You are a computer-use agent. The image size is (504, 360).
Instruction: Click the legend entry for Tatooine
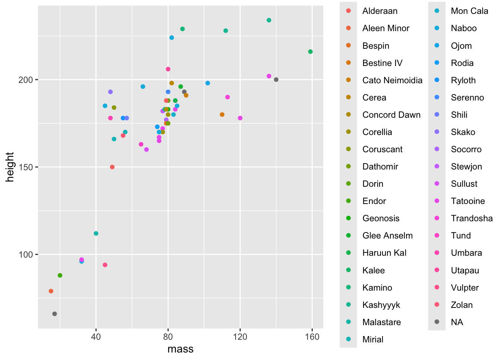(x=468, y=201)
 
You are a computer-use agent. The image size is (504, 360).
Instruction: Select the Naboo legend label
(x=463, y=28)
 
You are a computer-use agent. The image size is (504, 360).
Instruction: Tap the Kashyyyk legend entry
(x=381, y=305)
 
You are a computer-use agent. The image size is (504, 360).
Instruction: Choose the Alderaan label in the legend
(x=379, y=11)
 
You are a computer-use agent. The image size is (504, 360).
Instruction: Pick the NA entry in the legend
(x=457, y=322)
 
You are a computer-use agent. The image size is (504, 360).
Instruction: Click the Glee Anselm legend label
(x=387, y=235)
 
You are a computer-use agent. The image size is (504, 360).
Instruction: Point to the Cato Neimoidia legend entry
(x=392, y=80)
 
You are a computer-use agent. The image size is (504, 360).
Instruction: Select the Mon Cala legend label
(x=469, y=11)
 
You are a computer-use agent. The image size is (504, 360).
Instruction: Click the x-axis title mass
(x=180, y=349)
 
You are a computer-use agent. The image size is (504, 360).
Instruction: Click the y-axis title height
(x=10, y=167)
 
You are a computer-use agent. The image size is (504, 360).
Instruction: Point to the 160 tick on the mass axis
(x=312, y=337)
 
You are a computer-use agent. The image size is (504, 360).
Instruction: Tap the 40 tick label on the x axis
(x=96, y=337)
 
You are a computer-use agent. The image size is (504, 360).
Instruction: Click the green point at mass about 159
(x=310, y=52)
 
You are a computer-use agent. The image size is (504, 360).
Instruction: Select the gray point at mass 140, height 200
(x=276, y=79)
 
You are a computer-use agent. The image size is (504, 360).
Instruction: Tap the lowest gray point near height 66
(x=54, y=314)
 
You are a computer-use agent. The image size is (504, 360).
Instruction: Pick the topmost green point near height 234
(x=269, y=20)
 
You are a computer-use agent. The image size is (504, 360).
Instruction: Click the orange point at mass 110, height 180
(x=222, y=115)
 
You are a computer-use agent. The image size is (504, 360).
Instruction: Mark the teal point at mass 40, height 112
(x=96, y=234)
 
